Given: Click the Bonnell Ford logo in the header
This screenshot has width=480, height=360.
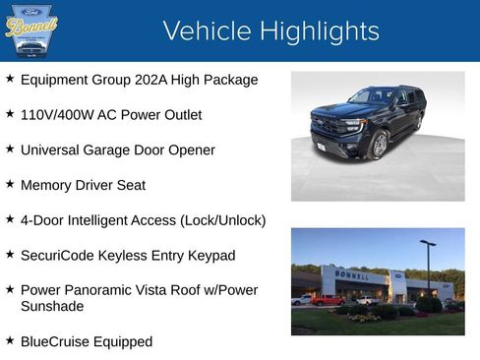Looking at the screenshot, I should coord(31,30).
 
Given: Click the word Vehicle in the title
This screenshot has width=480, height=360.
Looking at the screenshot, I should coord(202,30).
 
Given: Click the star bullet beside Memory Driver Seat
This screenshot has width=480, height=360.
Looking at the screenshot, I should coord(10,184).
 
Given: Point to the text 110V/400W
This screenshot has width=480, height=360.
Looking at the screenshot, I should coord(55,115).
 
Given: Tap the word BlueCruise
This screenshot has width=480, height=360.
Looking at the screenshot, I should coord(54,341).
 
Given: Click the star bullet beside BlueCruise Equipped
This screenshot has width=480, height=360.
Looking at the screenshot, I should coord(10,340).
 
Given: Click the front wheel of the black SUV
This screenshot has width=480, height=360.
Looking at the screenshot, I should coord(379,146).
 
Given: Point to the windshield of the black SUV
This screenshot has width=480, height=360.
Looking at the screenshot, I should coord(371,97).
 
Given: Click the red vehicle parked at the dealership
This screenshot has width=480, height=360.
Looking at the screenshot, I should coord(328,300).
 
